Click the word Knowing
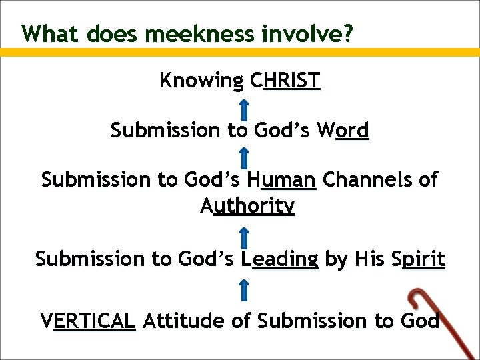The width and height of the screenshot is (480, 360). click(x=201, y=81)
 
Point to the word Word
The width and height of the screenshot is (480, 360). click(x=343, y=130)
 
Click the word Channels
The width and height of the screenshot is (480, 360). click(x=361, y=179)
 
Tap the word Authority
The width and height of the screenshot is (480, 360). click(x=247, y=207)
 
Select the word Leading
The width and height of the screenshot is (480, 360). click(x=280, y=259)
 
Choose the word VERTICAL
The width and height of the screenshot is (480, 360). click(x=88, y=321)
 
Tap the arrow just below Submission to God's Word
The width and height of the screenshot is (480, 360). click(x=245, y=157)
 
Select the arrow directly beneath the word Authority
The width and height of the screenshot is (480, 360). click(x=245, y=235)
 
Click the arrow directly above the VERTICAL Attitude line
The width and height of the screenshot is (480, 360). click(x=245, y=289)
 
